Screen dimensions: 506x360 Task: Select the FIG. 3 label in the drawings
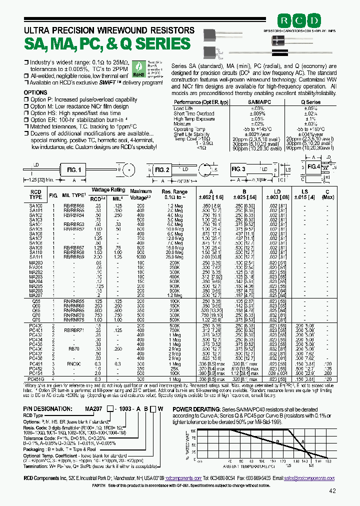[x=238, y=169]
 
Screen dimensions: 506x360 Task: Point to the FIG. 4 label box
[x=313, y=166]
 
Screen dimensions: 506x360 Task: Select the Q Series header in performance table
[x=310, y=101]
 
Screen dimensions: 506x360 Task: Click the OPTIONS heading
[x=35, y=92]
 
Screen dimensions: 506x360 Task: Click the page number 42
[x=332, y=491]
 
